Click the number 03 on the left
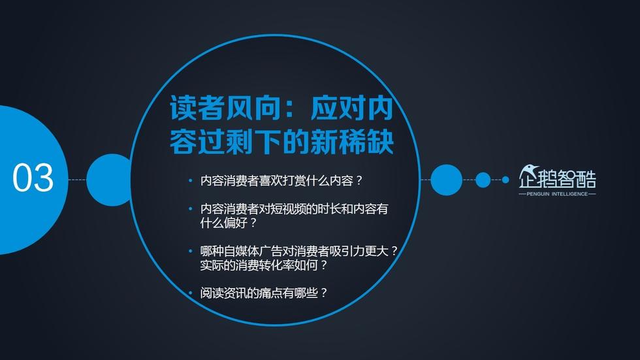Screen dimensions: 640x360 33,178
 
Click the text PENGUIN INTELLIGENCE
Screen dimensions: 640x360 557,194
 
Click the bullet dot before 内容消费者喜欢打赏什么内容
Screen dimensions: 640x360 190,180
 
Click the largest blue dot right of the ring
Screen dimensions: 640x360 446,180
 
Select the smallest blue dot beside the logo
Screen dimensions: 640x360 505,180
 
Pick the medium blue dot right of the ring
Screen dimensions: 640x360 483,180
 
